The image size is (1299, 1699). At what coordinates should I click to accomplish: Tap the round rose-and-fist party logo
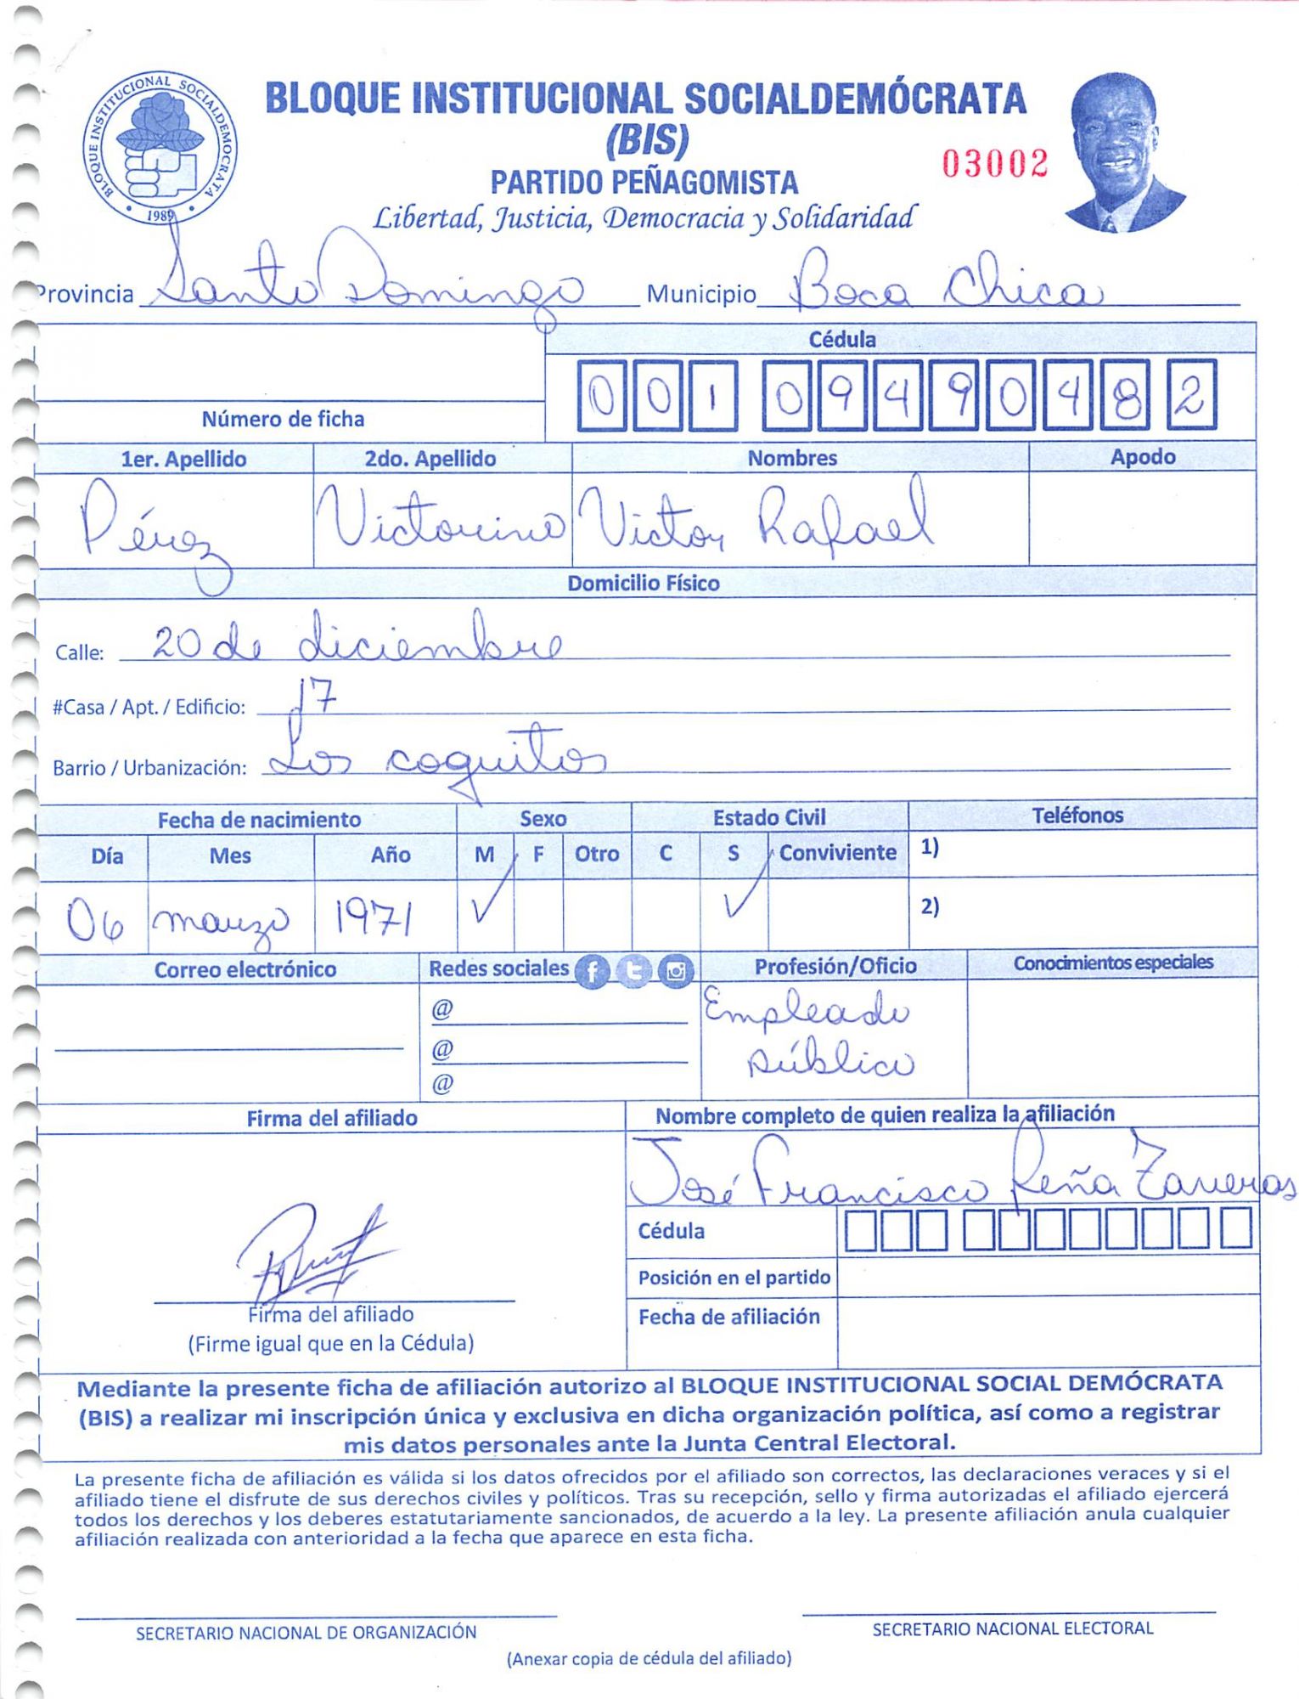click(x=160, y=148)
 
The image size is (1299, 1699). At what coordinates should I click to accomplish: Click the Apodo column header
click(x=1142, y=457)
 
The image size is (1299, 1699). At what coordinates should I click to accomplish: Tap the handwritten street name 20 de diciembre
click(x=357, y=645)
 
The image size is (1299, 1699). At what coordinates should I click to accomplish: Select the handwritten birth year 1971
click(x=374, y=918)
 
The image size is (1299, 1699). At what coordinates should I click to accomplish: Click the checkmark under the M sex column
click(x=491, y=900)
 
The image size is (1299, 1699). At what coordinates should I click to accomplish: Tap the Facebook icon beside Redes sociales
click(x=592, y=971)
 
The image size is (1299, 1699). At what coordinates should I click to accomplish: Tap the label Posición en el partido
click(x=734, y=1278)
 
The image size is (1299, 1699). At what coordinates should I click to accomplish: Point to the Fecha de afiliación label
click(x=728, y=1317)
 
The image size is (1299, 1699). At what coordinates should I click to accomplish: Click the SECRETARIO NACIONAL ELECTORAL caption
click(x=1012, y=1628)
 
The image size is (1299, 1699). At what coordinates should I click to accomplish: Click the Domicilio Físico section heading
click(x=643, y=584)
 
